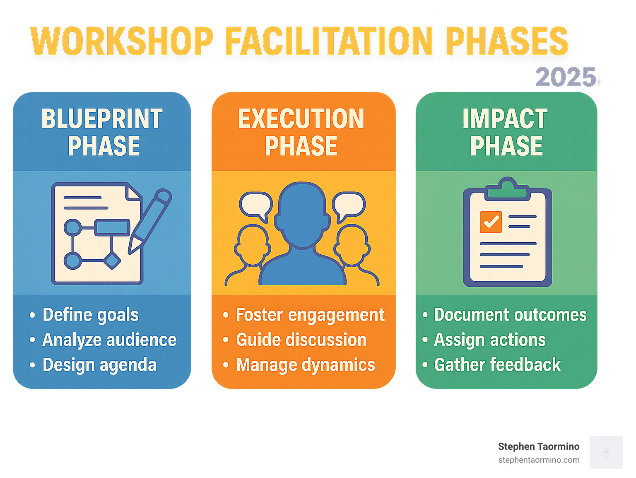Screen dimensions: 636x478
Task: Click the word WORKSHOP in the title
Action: (122, 41)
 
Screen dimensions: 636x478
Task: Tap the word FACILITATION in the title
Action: (329, 41)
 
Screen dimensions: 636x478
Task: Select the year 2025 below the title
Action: (566, 77)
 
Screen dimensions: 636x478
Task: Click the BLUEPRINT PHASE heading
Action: (102, 132)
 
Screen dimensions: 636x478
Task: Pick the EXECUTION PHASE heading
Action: (301, 132)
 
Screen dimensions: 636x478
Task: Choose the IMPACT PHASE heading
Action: (506, 132)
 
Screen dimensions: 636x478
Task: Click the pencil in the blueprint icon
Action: (150, 222)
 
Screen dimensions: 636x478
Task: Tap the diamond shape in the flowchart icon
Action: (112, 261)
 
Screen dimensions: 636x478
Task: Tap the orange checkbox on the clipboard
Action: (491, 222)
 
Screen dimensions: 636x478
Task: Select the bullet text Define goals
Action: (91, 315)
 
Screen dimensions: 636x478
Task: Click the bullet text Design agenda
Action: (99, 365)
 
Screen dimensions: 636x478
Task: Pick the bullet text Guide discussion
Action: (301, 340)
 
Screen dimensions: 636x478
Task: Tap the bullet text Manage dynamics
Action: (306, 365)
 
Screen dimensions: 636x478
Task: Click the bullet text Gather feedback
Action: (497, 365)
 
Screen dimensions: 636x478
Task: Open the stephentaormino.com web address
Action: (539, 460)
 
